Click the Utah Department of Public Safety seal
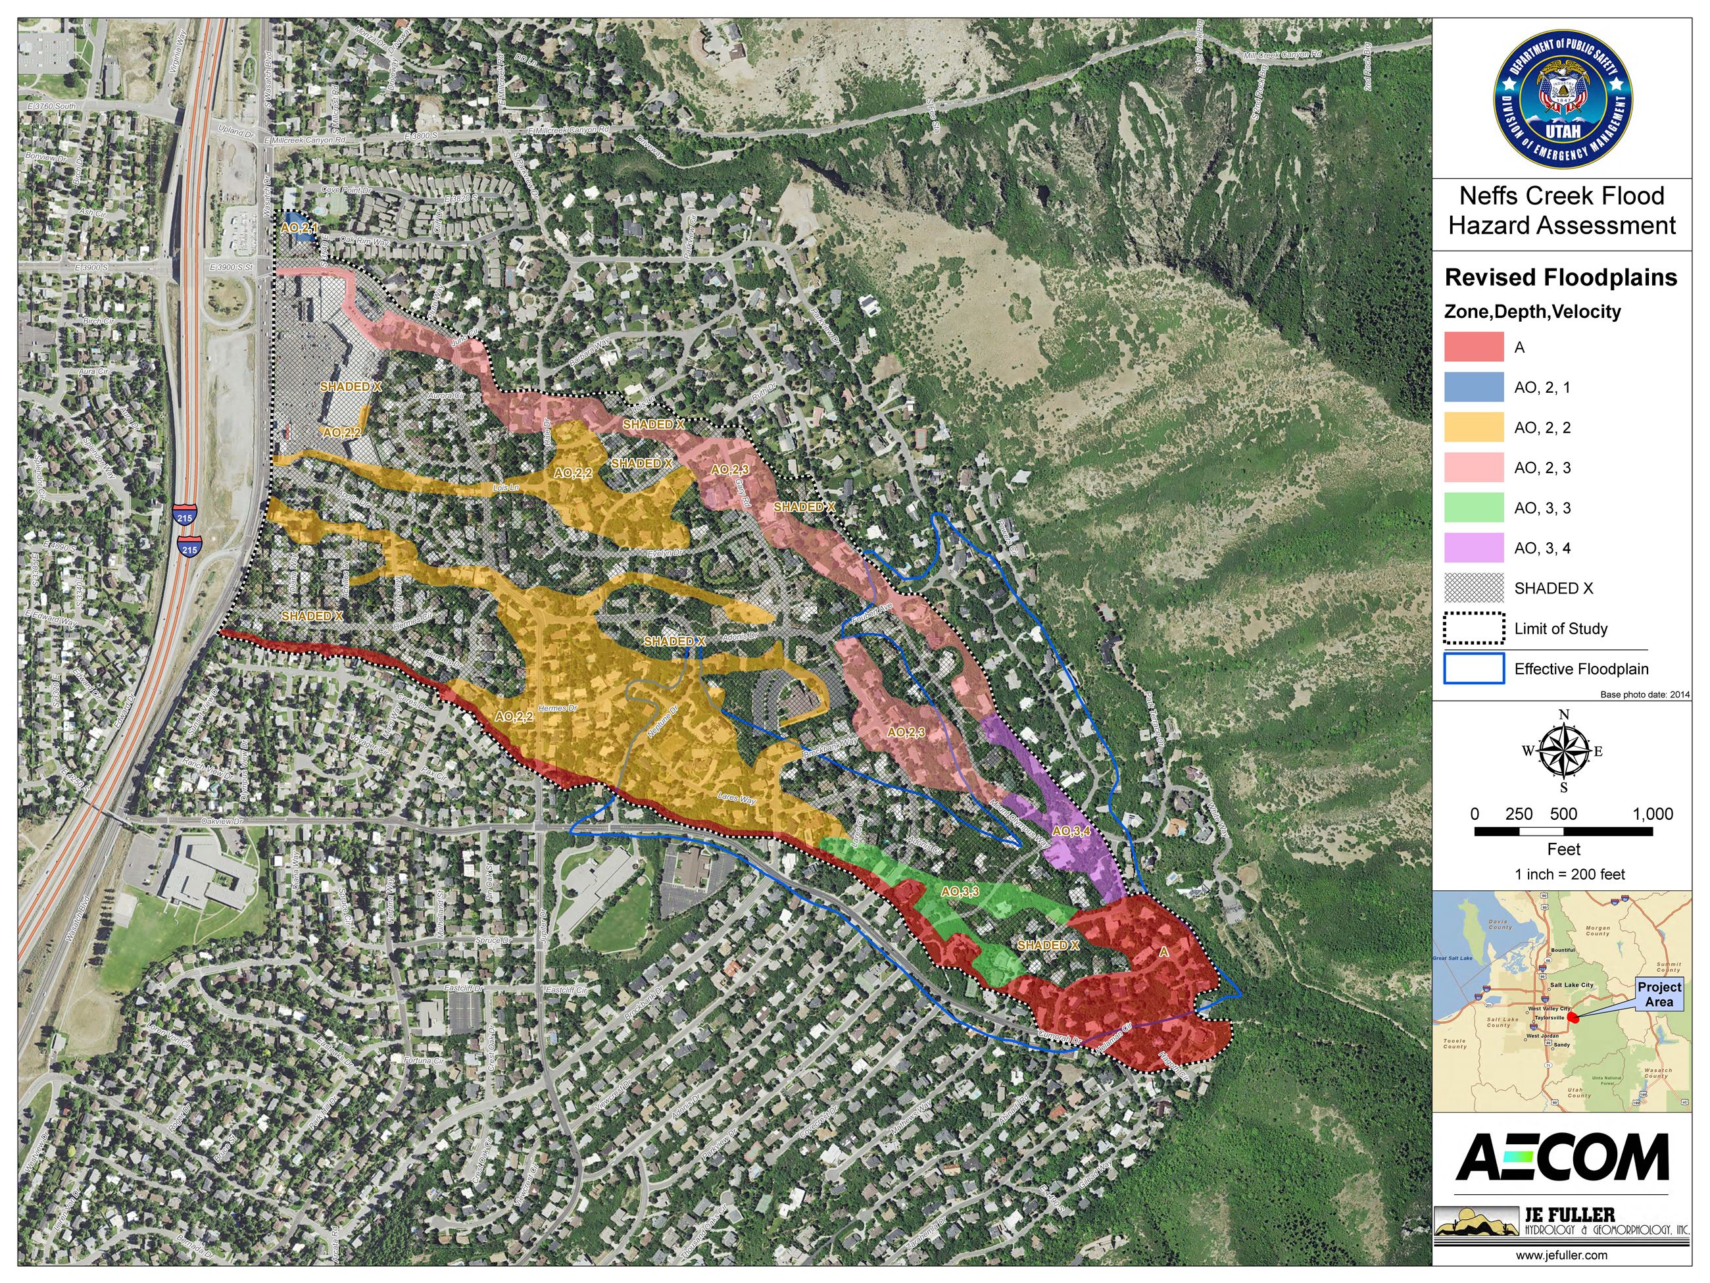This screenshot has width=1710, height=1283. pyautogui.click(x=1562, y=99)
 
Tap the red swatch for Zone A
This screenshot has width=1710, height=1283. pyautogui.click(x=1473, y=347)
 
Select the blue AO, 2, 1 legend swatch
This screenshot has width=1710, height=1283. pyautogui.click(x=1473, y=388)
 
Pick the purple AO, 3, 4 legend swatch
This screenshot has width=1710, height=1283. pyautogui.click(x=1473, y=548)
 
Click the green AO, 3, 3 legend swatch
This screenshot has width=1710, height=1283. pyautogui.click(x=1473, y=508)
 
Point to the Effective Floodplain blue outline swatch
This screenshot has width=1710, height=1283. pyautogui.click(x=1473, y=669)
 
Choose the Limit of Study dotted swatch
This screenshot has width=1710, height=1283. pyautogui.click(x=1473, y=629)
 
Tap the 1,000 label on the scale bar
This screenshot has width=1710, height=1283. pyautogui.click(x=1653, y=814)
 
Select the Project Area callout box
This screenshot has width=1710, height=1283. pyautogui.click(x=1659, y=994)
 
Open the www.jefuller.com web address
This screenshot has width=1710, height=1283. pyautogui.click(x=1561, y=1255)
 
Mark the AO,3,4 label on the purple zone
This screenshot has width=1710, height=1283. pyautogui.click(x=1071, y=832)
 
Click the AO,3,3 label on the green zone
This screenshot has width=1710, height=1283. pyautogui.click(x=960, y=892)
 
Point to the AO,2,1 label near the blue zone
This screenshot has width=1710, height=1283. pyautogui.click(x=299, y=228)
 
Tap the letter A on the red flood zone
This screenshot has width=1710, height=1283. pyautogui.click(x=1164, y=953)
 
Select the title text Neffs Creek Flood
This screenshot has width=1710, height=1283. pyautogui.click(x=1561, y=195)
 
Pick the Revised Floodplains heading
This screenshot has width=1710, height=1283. pyautogui.click(x=1561, y=278)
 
